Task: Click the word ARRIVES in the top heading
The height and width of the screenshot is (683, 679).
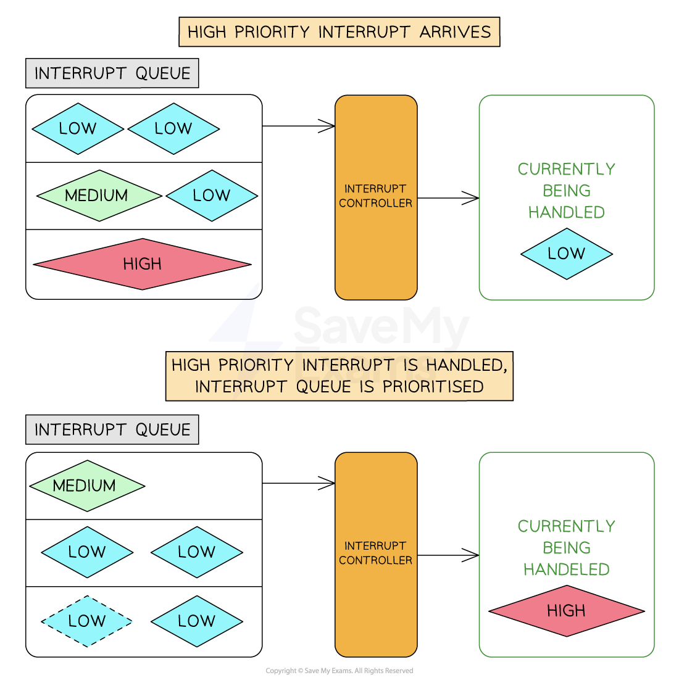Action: [x=455, y=32]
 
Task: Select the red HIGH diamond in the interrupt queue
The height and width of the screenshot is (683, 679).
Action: [x=143, y=264]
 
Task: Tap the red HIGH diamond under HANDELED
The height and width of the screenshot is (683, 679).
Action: [x=566, y=611]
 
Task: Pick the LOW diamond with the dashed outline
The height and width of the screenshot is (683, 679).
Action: [x=87, y=621]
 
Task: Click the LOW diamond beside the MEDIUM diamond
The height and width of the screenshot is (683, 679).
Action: [x=212, y=196]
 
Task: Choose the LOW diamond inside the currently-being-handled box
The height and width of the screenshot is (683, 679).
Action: [x=566, y=254]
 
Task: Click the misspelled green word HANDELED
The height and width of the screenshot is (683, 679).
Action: [x=566, y=569]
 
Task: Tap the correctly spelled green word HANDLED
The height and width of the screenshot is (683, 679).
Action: [x=566, y=212]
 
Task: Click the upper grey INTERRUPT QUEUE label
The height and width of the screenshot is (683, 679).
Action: [x=112, y=73]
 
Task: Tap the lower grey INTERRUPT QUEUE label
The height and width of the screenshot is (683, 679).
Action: [x=112, y=429]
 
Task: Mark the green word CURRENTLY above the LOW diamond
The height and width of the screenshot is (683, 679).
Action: [x=566, y=169]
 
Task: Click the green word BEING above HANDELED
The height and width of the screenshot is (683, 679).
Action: [x=566, y=548]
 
